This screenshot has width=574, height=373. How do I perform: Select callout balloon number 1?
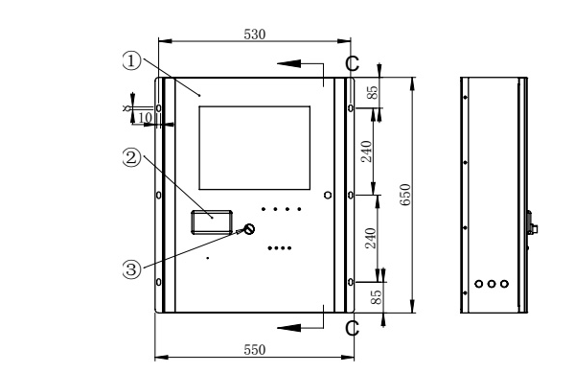click(135, 60)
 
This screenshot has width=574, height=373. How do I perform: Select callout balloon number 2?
click(135, 156)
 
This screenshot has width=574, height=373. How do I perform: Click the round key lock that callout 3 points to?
click(249, 229)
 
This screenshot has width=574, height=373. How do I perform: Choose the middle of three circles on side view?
click(493, 284)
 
